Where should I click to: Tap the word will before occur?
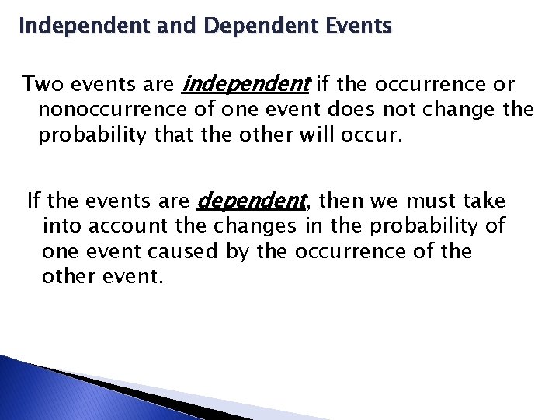[328, 135]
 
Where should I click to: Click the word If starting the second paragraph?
[33, 201]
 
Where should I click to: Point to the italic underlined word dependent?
[252, 201]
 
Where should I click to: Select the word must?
[436, 201]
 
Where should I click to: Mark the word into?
[61, 226]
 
